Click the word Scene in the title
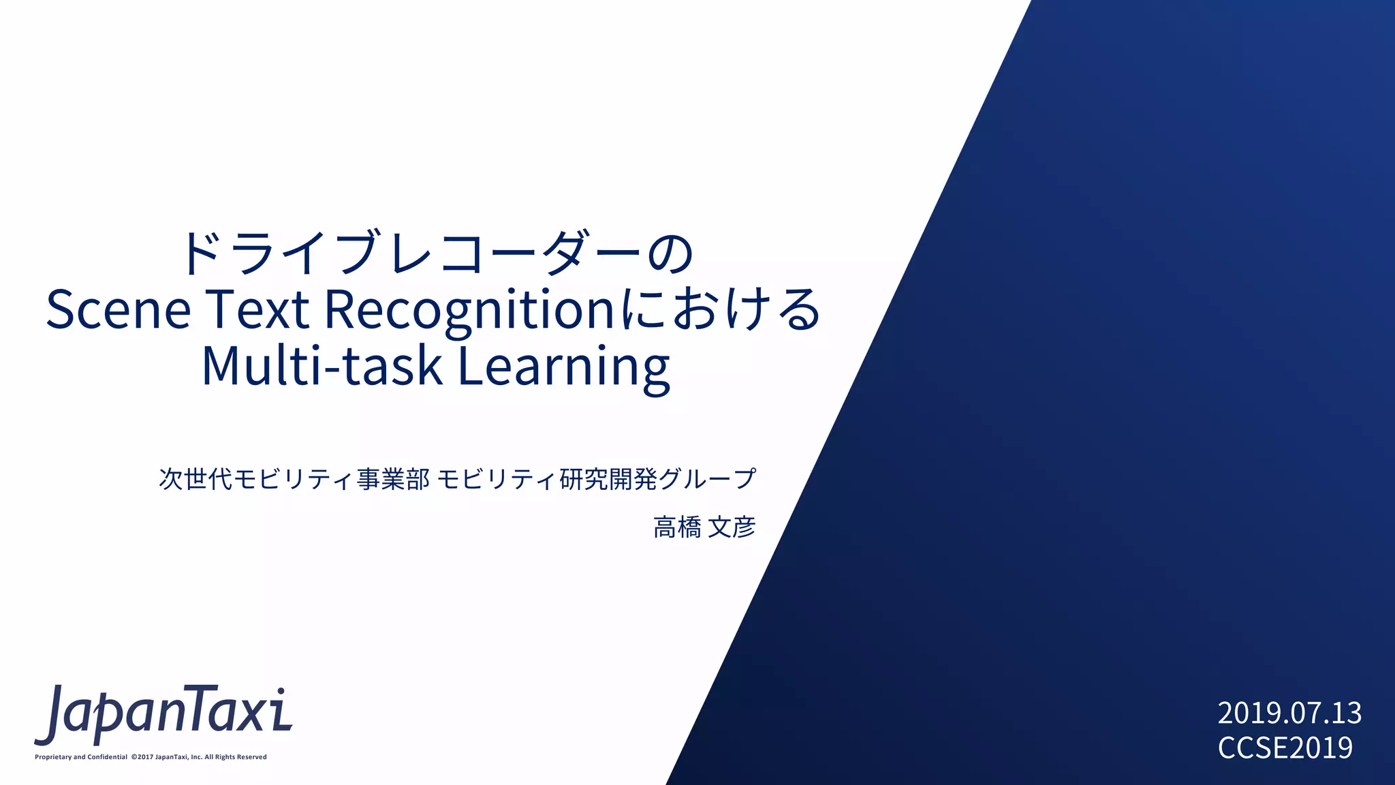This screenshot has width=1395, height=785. [119, 309]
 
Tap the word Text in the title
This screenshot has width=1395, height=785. [257, 309]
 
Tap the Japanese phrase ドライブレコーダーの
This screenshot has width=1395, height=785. [436, 253]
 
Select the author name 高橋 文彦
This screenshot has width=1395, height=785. [704, 527]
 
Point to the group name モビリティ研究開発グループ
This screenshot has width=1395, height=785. [596, 479]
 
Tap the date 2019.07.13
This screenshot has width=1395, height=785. [1289, 713]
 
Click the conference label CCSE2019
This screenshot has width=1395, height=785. [1285, 748]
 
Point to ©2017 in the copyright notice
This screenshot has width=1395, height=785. [142, 757]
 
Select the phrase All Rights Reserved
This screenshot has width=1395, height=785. [236, 757]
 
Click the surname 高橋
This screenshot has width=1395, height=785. [676, 527]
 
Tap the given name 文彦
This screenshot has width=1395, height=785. [732, 527]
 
